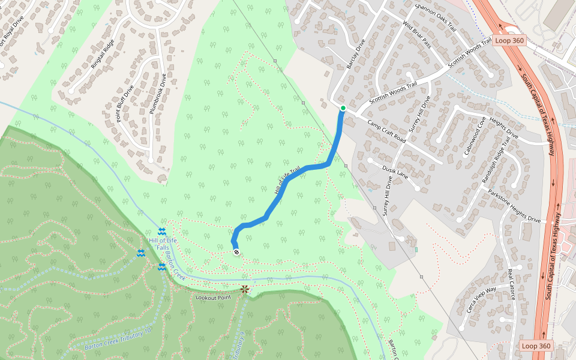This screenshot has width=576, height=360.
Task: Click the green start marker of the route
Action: tap(343, 108)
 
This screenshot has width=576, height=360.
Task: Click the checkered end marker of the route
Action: tap(237, 252)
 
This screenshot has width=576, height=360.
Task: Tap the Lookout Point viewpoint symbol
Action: tap(245, 289)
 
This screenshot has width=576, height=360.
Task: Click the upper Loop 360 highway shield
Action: tap(509, 41)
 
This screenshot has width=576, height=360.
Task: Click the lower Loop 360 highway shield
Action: tap(536, 346)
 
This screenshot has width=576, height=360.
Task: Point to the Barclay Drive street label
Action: tap(356, 54)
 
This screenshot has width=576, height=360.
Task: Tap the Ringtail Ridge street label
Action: tap(102, 55)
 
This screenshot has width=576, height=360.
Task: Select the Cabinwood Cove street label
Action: tap(474, 136)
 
